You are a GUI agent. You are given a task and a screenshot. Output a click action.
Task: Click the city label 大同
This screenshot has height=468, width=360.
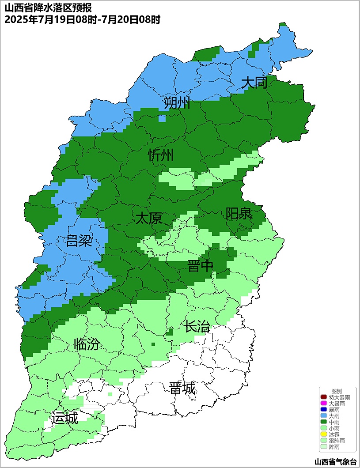(254, 83)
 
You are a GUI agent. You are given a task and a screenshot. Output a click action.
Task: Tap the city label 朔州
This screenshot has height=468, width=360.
(177, 103)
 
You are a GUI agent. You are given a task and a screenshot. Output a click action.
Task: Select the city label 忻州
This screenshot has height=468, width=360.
(161, 155)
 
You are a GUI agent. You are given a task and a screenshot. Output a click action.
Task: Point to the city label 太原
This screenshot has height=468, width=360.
(148, 218)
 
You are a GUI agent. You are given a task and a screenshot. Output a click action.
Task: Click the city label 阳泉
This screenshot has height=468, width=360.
(239, 214)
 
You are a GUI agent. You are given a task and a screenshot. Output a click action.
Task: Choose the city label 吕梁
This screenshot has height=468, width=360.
(79, 241)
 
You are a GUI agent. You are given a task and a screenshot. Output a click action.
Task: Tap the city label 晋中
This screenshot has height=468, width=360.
(200, 266)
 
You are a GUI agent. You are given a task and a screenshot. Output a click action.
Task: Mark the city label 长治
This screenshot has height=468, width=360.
(197, 327)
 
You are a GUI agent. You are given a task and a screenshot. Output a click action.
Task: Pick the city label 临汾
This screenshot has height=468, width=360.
(87, 344)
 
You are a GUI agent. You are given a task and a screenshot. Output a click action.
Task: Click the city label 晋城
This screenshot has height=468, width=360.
(182, 388)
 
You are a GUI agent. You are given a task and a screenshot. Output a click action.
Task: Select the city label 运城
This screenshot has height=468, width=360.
(64, 418)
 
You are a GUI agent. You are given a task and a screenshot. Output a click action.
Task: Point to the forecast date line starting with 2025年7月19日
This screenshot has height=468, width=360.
(82, 19)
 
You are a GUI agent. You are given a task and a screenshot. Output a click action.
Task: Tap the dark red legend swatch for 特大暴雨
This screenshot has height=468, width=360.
(324, 397)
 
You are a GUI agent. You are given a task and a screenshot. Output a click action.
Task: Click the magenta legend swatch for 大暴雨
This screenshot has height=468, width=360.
(324, 404)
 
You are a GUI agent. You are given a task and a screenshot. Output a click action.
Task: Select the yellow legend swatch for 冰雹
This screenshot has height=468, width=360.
(324, 434)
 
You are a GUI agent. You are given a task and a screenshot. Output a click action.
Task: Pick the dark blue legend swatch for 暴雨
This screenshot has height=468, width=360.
(324, 410)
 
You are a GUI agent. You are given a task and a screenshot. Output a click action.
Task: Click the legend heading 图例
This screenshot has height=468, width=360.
(337, 391)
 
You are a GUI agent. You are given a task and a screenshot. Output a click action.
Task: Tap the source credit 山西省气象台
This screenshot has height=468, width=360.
(335, 462)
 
